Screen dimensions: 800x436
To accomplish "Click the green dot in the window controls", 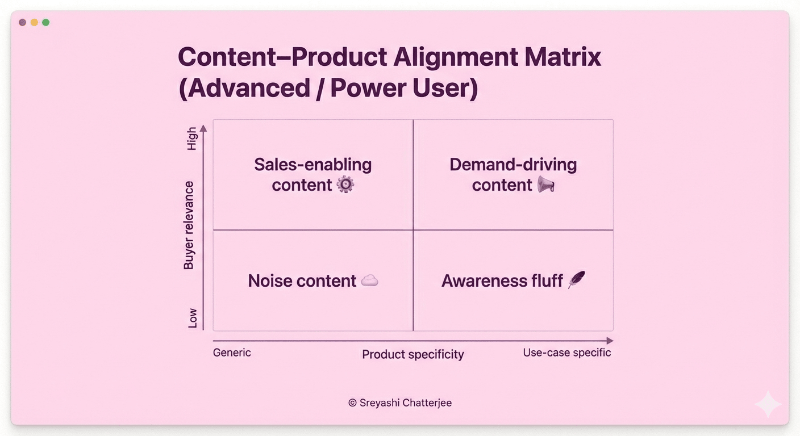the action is point(45,23).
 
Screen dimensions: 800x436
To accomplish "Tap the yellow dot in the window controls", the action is point(34,23).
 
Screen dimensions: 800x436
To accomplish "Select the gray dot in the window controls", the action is point(23,23).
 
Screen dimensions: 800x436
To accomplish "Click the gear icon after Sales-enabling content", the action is point(345,185).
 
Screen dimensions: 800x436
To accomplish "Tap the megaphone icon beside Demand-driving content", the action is point(545,184).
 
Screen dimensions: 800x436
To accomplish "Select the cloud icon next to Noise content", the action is point(370,281).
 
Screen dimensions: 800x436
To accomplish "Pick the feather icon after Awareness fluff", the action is point(577,279).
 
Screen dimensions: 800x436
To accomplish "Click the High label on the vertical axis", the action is point(192,139).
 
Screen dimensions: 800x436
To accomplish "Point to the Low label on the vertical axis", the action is point(193,318).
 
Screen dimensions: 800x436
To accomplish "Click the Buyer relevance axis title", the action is point(188,225).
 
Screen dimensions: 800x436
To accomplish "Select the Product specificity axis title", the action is point(413,354).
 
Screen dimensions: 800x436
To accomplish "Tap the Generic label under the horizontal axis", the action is point(232,353).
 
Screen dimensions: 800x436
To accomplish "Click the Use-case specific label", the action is point(567,353).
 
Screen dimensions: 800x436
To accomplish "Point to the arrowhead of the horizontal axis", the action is point(610,341).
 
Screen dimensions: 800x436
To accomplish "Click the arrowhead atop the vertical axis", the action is point(203,128).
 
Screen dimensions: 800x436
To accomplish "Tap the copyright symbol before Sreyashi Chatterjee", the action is point(352,403).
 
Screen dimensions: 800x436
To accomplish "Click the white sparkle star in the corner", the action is point(768,404).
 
